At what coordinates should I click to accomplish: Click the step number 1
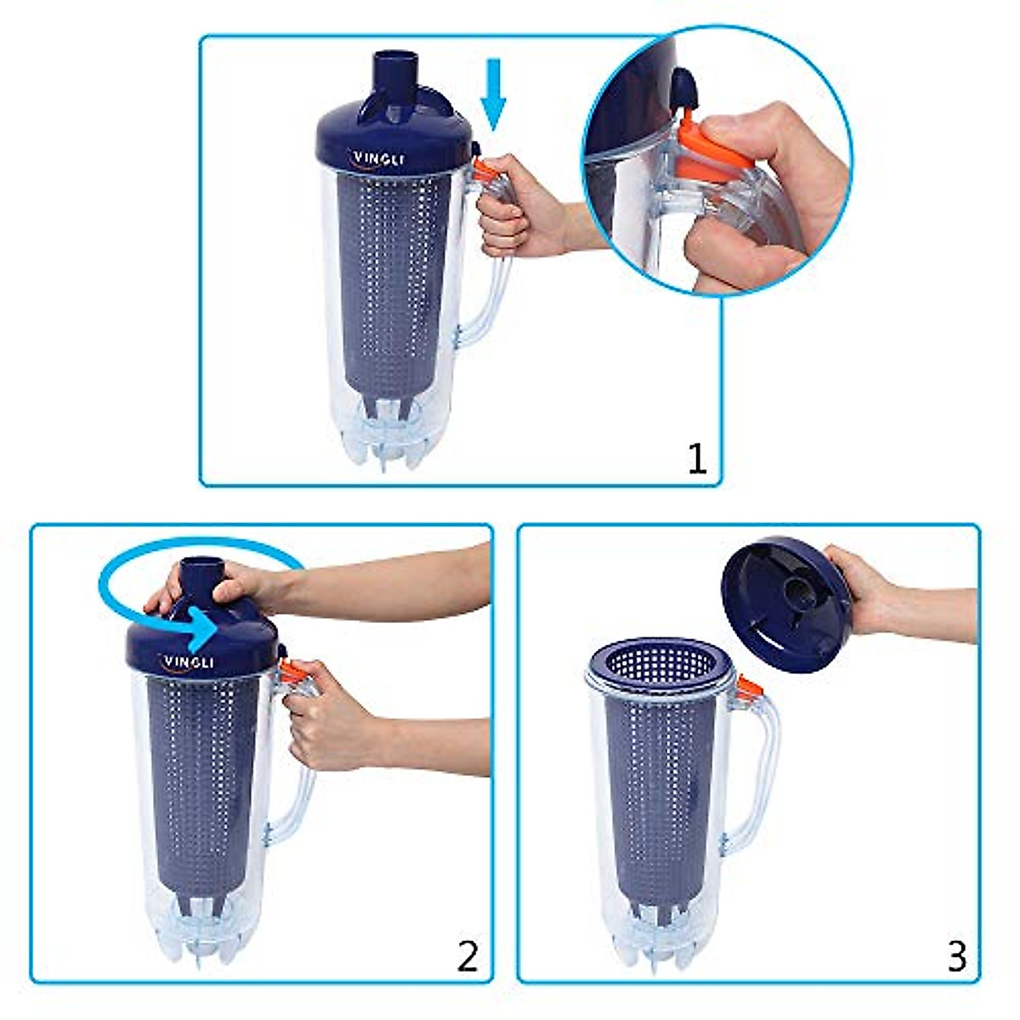tap(696, 459)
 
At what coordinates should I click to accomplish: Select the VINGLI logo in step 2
tap(189, 662)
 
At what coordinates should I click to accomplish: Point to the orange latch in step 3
tap(748, 688)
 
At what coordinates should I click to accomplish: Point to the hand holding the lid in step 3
tap(858, 586)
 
